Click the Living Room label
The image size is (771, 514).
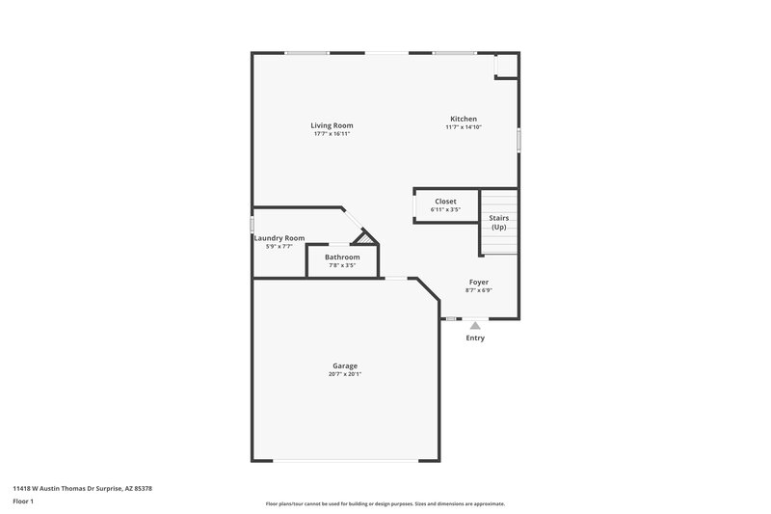tap(332, 125)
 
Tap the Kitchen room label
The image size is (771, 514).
tap(464, 119)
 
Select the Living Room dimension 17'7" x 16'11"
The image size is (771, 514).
tap(332, 134)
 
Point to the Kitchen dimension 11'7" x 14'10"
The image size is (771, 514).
tap(464, 127)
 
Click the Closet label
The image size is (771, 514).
tap(445, 201)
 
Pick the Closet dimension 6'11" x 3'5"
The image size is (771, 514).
tap(445, 209)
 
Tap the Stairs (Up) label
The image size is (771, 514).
tap(498, 223)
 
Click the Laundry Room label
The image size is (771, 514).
tap(279, 238)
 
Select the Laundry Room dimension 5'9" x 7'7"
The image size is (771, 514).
tap(279, 247)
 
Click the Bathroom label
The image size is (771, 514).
tap(342, 257)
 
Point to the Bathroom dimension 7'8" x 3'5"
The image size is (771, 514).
tap(342, 265)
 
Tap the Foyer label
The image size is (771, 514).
tap(479, 282)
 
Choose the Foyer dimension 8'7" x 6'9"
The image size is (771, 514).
tap(479, 290)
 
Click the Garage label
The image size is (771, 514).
tap(345, 365)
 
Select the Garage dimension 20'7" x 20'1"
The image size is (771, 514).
tap(345, 374)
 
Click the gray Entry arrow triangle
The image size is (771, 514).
tap(475, 326)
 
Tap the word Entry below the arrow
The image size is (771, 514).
tap(475, 338)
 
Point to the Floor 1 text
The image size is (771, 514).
tap(24, 501)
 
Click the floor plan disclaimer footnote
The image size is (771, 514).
tap(385, 503)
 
